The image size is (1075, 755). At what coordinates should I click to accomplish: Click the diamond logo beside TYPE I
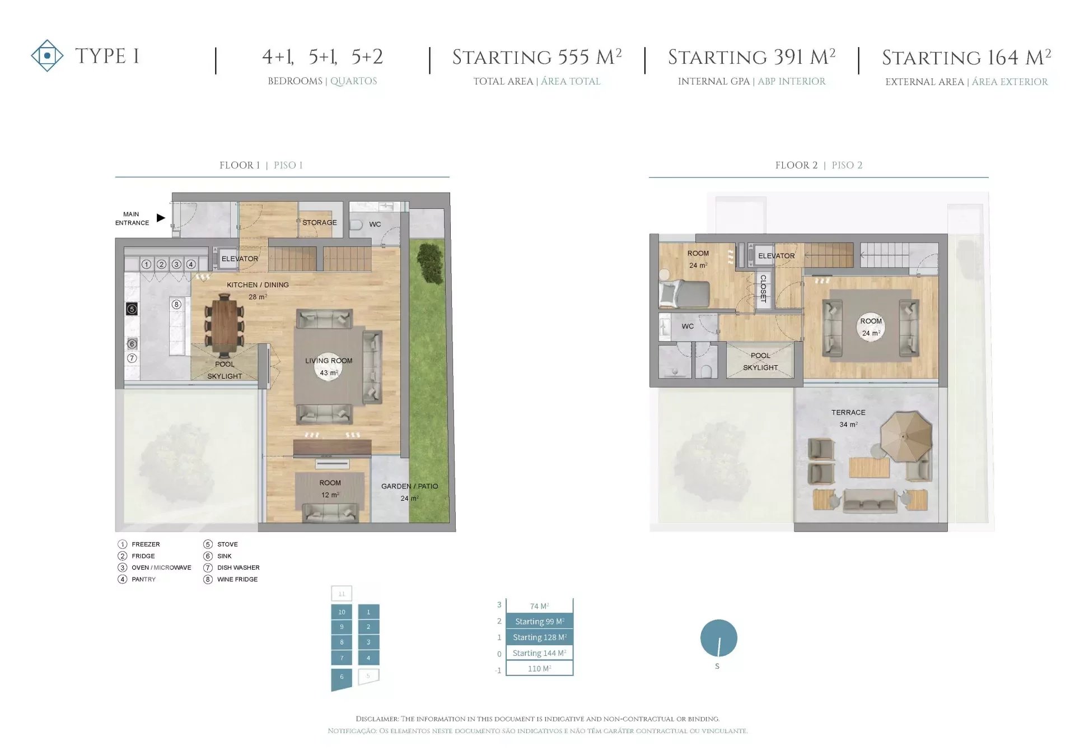[x=48, y=55]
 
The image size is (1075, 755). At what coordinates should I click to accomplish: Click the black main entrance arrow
[x=161, y=218]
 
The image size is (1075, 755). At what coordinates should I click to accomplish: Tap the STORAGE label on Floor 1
[x=320, y=222]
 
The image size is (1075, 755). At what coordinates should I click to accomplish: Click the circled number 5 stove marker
[x=132, y=309]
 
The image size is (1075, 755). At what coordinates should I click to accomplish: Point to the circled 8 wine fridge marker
[x=176, y=304]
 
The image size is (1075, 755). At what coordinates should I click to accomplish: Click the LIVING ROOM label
[x=329, y=361]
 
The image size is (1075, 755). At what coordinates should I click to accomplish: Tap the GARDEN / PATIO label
[x=410, y=486]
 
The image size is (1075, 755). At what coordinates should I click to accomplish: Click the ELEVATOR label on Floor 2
[x=777, y=256]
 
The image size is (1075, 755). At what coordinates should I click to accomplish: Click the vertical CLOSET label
[x=763, y=288]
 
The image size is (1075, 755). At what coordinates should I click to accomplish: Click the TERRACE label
[x=848, y=412]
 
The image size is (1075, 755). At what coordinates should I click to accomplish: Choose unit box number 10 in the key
[x=342, y=612]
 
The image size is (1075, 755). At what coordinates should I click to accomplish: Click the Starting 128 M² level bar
[x=540, y=637]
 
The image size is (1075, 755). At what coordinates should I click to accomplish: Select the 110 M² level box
[x=540, y=668]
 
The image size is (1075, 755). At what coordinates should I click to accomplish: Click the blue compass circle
[x=719, y=638]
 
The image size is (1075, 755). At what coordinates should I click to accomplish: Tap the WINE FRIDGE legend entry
[x=237, y=579]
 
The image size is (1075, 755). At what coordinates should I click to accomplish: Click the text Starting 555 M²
[x=537, y=57]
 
